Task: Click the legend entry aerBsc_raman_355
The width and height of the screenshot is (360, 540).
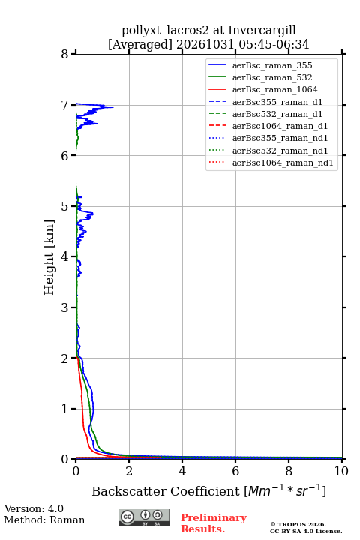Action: [272, 65]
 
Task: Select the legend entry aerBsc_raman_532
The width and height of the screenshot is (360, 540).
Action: [272, 77]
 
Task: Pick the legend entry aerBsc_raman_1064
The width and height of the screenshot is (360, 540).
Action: [275, 89]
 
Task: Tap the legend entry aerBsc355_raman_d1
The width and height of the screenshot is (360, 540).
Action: [277, 102]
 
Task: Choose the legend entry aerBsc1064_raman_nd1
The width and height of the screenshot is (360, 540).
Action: [283, 163]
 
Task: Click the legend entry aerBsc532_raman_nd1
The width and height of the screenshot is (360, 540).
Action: [280, 151]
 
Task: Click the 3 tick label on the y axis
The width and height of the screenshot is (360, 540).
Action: [65, 307]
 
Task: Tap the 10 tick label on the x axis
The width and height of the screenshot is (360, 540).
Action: [341, 471]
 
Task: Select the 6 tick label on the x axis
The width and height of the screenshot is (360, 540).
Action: [235, 471]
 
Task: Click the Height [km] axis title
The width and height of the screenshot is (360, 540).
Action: [49, 257]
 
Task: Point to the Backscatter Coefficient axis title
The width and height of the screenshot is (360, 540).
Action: [208, 490]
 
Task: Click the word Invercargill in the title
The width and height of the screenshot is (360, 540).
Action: [262, 31]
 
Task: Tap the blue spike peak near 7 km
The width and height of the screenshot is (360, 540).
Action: [112, 107]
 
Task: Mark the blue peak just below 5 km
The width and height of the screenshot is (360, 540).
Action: [93, 214]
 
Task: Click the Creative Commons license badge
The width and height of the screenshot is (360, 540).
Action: [144, 517]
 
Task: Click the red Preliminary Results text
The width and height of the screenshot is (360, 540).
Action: [214, 523]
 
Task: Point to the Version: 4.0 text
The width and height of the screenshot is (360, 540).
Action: [34, 508]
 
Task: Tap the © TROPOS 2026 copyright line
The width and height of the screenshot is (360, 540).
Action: [298, 524]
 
